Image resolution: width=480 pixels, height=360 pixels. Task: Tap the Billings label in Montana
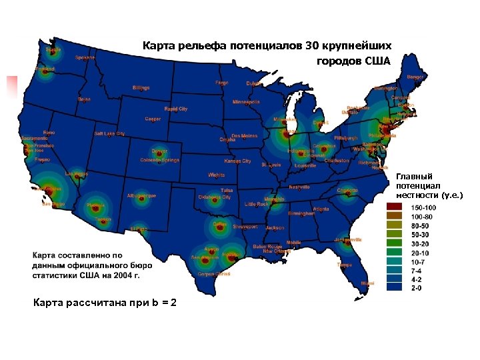coord(141,87)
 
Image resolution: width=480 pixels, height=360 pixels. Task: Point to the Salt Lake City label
coord(109,133)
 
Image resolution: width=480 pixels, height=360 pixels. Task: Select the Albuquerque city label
coord(141,196)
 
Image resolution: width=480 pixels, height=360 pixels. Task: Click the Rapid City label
coord(176,108)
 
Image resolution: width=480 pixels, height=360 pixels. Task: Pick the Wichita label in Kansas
coord(216,175)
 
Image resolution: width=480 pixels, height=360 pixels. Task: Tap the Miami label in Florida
coord(367,283)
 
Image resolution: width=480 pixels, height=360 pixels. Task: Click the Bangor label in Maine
coord(415,77)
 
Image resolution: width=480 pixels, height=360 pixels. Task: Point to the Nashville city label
coord(299,187)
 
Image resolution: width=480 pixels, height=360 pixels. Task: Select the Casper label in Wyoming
coord(153,119)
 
